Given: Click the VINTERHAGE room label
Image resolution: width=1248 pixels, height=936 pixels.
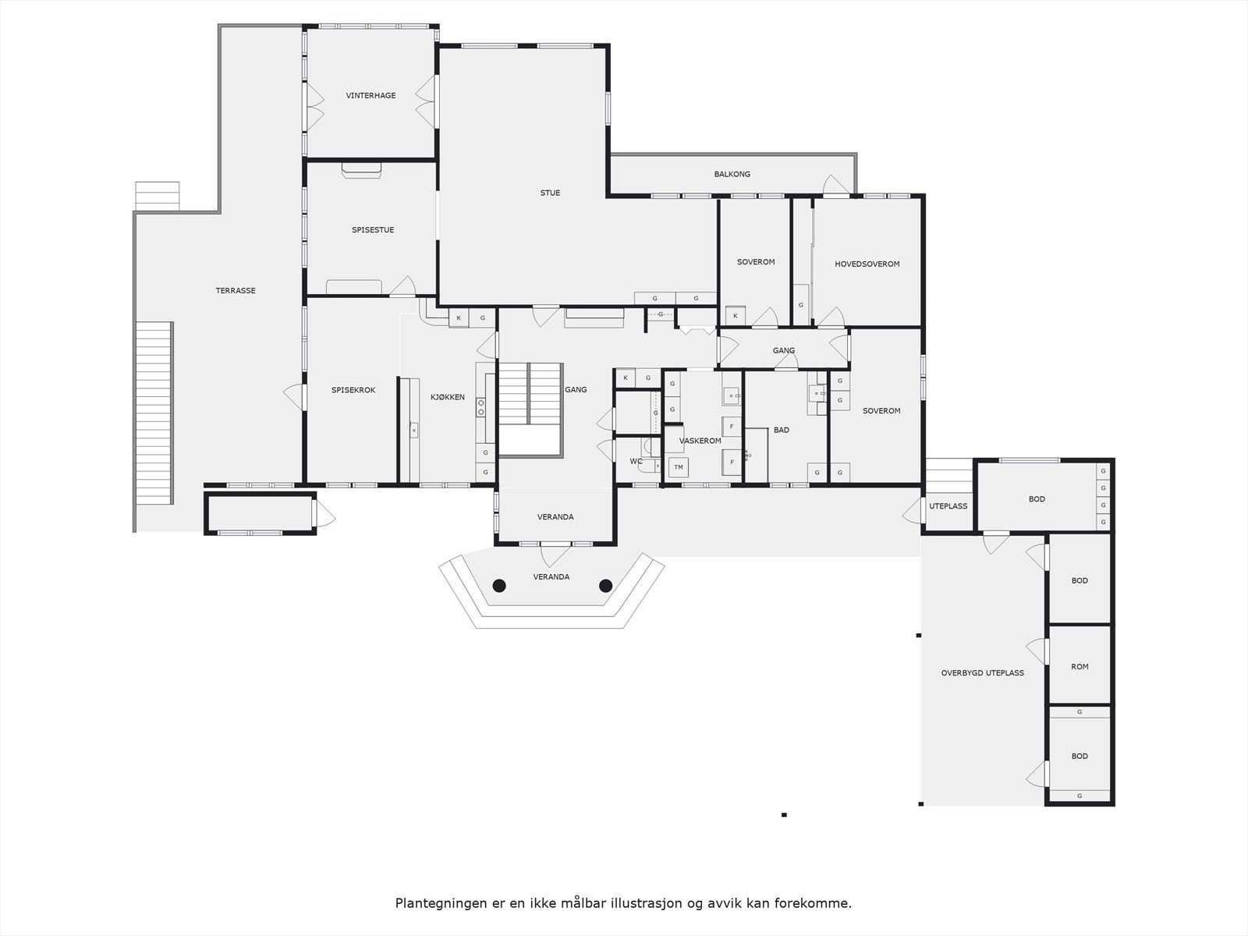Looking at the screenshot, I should (x=370, y=96).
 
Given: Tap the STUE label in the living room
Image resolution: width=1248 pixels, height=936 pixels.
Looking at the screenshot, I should (x=550, y=193).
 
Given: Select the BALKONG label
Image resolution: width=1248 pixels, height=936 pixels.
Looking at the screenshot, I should (x=732, y=174).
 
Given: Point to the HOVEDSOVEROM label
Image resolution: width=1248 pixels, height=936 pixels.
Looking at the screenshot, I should (x=867, y=264).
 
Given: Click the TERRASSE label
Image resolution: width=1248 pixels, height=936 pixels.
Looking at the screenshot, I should (x=236, y=291).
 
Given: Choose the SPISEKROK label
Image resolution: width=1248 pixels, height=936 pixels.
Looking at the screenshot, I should (x=353, y=390).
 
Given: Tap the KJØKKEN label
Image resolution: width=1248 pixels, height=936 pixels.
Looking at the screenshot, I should (x=448, y=397).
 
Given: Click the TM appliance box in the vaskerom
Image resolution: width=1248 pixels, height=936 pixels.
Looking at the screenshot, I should (x=679, y=467).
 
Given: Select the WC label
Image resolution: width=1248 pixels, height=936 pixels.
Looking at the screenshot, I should (x=636, y=461).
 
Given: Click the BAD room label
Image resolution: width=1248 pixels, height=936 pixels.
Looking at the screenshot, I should (x=782, y=430).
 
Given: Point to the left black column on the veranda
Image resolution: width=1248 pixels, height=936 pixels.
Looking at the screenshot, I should (x=499, y=586).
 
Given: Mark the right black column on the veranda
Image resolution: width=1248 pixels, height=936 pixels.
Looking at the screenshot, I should (x=605, y=586).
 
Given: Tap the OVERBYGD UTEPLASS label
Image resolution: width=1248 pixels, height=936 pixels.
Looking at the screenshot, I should (x=982, y=672).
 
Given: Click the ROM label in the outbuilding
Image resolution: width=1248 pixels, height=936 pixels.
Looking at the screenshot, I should (x=1080, y=667).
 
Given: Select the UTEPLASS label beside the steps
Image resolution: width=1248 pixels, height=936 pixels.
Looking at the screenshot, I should (x=948, y=506).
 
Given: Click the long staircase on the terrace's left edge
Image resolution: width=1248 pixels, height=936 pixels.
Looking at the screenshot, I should (x=154, y=413).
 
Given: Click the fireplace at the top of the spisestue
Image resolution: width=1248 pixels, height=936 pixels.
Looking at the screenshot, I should (x=361, y=170).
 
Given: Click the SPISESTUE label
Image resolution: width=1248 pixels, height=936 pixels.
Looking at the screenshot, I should (x=373, y=230).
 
